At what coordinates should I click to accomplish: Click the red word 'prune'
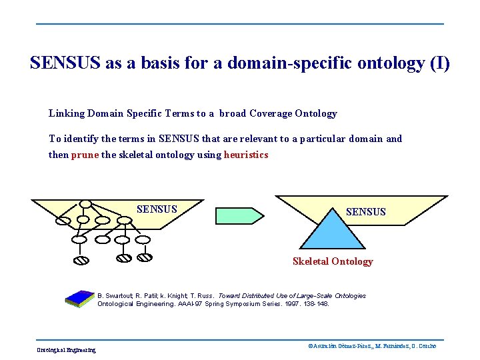coord(85,155)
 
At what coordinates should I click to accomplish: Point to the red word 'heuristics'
coord(246,155)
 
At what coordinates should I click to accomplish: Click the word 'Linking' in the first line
coord(67,113)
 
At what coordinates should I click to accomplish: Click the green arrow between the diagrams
coord(239,215)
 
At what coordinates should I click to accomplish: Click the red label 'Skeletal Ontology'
coord(333,261)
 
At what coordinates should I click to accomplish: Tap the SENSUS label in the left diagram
coord(157,209)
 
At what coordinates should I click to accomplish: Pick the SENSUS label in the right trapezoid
coord(365,212)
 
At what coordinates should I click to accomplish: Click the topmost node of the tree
coord(85,204)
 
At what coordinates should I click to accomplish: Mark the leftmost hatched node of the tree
coord(80,260)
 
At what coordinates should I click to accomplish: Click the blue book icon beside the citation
coord(81,299)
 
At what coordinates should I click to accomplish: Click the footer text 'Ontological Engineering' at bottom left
coord(66,350)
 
